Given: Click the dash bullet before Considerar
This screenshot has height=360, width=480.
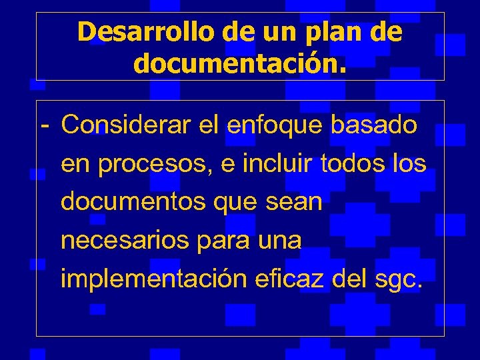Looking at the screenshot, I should click(x=44, y=125).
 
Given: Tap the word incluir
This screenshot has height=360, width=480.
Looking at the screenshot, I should click(x=279, y=163).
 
